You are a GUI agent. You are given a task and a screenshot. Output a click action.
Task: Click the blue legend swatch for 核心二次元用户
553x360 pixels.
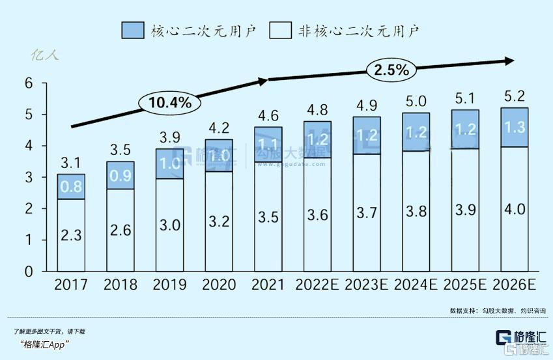pos(133,31)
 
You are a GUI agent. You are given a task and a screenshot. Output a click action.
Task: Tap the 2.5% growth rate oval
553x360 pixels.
pos(391,70)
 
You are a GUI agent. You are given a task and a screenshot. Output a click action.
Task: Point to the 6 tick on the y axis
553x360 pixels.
pos(28,83)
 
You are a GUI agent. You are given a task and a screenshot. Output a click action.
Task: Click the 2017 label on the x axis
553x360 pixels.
pos(71,285)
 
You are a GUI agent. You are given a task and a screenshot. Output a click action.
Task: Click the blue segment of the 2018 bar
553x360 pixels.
pos(121,175)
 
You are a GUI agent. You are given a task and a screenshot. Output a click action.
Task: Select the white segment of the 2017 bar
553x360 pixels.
pos(71,234)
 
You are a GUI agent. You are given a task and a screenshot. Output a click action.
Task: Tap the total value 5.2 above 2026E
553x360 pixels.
pos(515,98)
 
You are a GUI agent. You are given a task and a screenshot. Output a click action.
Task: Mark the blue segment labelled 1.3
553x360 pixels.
pos(515,128)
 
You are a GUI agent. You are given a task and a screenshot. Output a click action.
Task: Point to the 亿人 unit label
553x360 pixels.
pos(46,55)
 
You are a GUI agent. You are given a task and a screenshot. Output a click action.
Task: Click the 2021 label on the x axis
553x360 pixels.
pos(268,285)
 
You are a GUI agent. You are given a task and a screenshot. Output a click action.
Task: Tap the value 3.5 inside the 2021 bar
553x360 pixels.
pos(268,217)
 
